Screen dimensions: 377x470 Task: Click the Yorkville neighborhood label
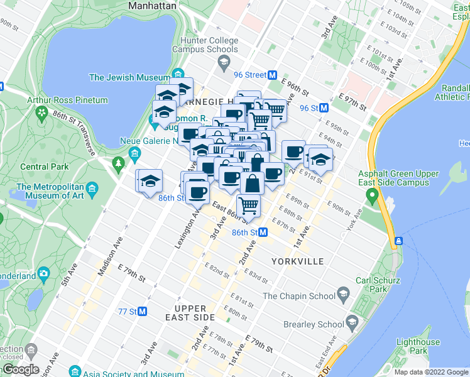(x=297, y=261)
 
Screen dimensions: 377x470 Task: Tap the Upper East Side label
(x=190, y=313)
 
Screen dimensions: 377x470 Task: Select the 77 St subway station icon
(x=143, y=311)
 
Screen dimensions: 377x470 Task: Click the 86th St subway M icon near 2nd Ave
(x=263, y=232)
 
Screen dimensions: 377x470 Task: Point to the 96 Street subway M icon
(x=273, y=75)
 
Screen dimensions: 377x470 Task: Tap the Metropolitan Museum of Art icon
(x=92, y=188)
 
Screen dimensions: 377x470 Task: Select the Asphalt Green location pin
(x=371, y=196)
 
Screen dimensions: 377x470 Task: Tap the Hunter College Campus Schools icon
(x=223, y=62)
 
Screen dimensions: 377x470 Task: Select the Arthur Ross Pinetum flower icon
(x=42, y=113)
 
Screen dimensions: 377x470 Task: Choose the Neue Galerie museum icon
(x=134, y=153)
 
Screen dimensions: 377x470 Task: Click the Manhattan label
(x=151, y=5)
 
